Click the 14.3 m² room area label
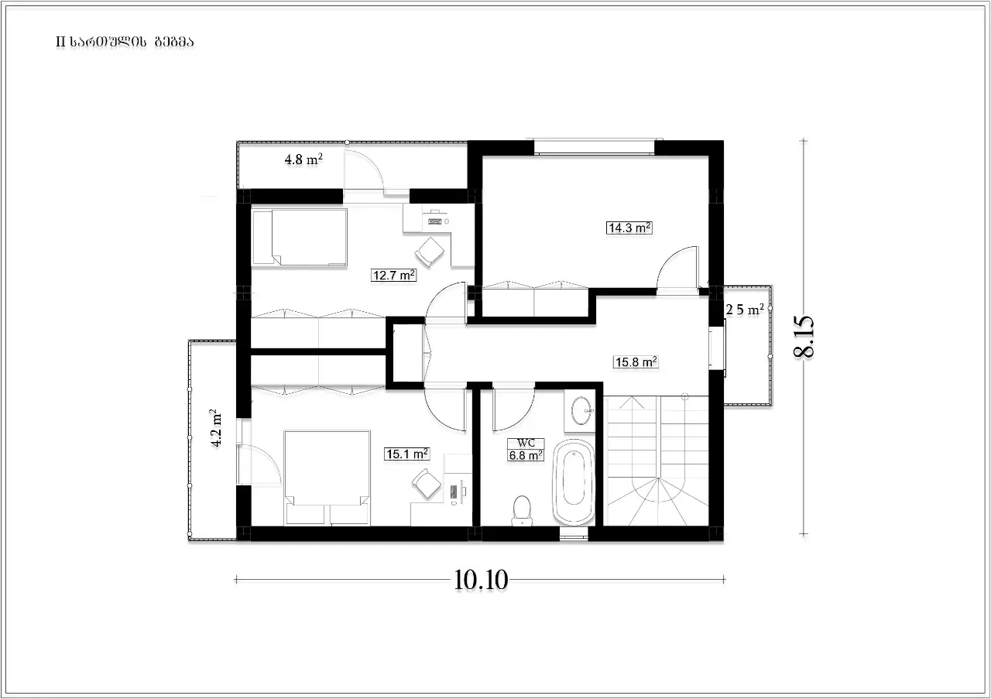coord(629,228)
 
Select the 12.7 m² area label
coord(394,275)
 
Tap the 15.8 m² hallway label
coord(636,362)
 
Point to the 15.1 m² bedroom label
coord(407,454)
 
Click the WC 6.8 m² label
coord(526,450)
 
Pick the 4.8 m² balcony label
coord(303,159)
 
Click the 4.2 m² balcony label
coord(216,428)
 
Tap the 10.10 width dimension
coord(481,580)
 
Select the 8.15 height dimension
coord(804,337)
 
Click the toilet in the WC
coord(522,510)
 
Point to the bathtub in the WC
coord(574,481)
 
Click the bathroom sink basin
coord(581,411)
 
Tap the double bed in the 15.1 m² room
coord(327,478)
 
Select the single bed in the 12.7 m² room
coord(300,238)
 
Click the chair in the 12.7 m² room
coord(429,252)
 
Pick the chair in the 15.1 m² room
coord(427,484)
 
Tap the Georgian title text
coord(125,42)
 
